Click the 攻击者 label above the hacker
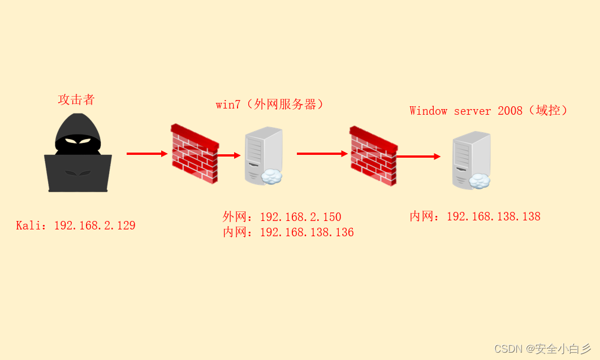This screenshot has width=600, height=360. click(x=76, y=99)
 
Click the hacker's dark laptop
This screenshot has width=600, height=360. click(x=78, y=173)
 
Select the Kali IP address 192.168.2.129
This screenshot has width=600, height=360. click(x=94, y=225)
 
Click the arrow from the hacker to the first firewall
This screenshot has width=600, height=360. click(x=147, y=154)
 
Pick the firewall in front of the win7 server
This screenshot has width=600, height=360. click(x=195, y=153)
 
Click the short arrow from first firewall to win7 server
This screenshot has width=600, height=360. click(x=229, y=155)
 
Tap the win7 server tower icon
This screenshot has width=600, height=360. click(x=264, y=156)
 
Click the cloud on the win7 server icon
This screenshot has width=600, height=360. click(x=271, y=176)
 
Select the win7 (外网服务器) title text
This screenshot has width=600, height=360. click(x=269, y=104)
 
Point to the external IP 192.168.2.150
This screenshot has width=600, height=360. click(x=300, y=217)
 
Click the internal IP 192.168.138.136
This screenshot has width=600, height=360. click(x=307, y=232)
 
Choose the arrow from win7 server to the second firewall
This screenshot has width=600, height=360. click(x=322, y=154)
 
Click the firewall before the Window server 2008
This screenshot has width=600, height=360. click(x=373, y=156)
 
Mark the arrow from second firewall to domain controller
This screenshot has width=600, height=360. click(x=418, y=157)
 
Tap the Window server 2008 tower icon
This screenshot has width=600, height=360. click(x=472, y=161)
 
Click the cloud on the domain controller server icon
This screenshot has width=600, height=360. click(x=480, y=181)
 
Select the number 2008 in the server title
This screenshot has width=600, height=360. click(x=510, y=111)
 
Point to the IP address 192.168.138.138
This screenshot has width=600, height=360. click(x=494, y=216)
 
